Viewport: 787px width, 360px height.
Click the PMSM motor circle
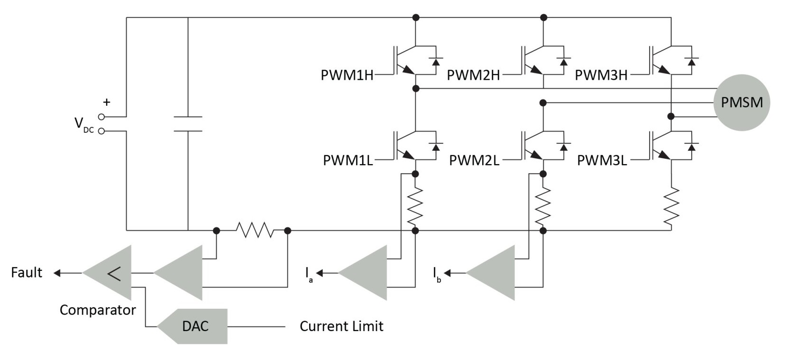[x=741, y=102]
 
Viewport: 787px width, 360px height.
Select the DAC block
[x=195, y=326]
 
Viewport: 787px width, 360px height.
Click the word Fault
[x=27, y=272]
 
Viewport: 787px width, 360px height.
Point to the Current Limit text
[x=341, y=326]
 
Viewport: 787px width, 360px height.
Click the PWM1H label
[x=347, y=75]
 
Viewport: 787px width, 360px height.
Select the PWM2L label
[x=474, y=160]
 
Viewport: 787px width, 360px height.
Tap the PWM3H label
[x=601, y=75]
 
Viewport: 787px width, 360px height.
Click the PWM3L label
[x=602, y=160]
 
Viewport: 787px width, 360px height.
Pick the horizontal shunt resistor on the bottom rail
[x=255, y=231]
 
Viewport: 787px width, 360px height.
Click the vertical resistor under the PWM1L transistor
[x=415, y=205]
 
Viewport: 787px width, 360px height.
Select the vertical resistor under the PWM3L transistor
[x=671, y=206]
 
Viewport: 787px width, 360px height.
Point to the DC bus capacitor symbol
[x=188, y=124]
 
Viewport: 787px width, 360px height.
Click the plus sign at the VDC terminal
[x=107, y=102]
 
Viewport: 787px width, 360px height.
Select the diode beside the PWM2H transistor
[x=564, y=61]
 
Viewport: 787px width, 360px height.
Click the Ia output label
[x=309, y=274]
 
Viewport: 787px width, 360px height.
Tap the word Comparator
[x=98, y=310]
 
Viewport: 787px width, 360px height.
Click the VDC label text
[x=83, y=124]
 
